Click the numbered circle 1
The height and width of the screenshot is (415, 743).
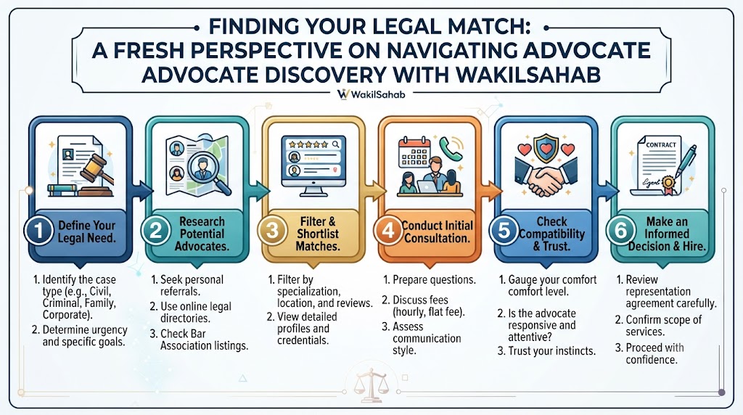pos(39,231)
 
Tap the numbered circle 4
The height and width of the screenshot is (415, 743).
pos(389,231)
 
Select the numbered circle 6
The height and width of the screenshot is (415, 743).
pos(621,231)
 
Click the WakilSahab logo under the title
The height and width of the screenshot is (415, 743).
pos(371,94)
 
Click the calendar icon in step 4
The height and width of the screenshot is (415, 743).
pos(414,152)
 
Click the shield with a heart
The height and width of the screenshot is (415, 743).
pos(546,148)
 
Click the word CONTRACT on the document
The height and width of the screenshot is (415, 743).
pos(661,145)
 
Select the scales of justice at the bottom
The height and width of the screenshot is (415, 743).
pos(372,385)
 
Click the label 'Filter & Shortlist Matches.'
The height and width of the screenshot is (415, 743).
pos(318,234)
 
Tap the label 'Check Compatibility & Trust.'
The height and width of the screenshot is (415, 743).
pos(551,234)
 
